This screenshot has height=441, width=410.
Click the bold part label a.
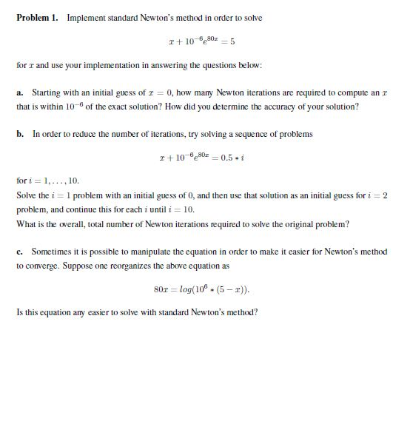[x=20, y=93]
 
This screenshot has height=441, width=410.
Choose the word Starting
[x=47, y=93]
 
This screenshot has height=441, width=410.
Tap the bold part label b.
[x=20, y=134]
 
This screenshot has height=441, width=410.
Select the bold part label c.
[x=20, y=252]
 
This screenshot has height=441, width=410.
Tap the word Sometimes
[x=53, y=252]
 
